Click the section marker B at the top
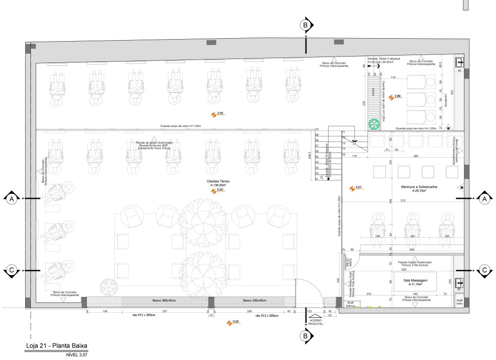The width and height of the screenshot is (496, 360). click(306, 24)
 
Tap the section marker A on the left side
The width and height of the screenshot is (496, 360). click(10, 199)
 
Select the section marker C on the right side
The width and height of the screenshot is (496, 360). click(485, 270)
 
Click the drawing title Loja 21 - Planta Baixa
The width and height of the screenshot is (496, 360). click(57, 346)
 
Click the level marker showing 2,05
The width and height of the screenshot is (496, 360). click(214, 115)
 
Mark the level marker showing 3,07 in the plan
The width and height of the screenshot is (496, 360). click(352, 188)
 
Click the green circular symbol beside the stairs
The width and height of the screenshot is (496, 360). click(373, 123)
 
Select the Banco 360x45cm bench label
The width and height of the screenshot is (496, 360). click(161, 301)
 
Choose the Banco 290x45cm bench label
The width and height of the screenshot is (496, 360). click(254, 301)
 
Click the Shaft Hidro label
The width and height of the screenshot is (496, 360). click(459, 301)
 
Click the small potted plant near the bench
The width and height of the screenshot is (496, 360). click(107, 287)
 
